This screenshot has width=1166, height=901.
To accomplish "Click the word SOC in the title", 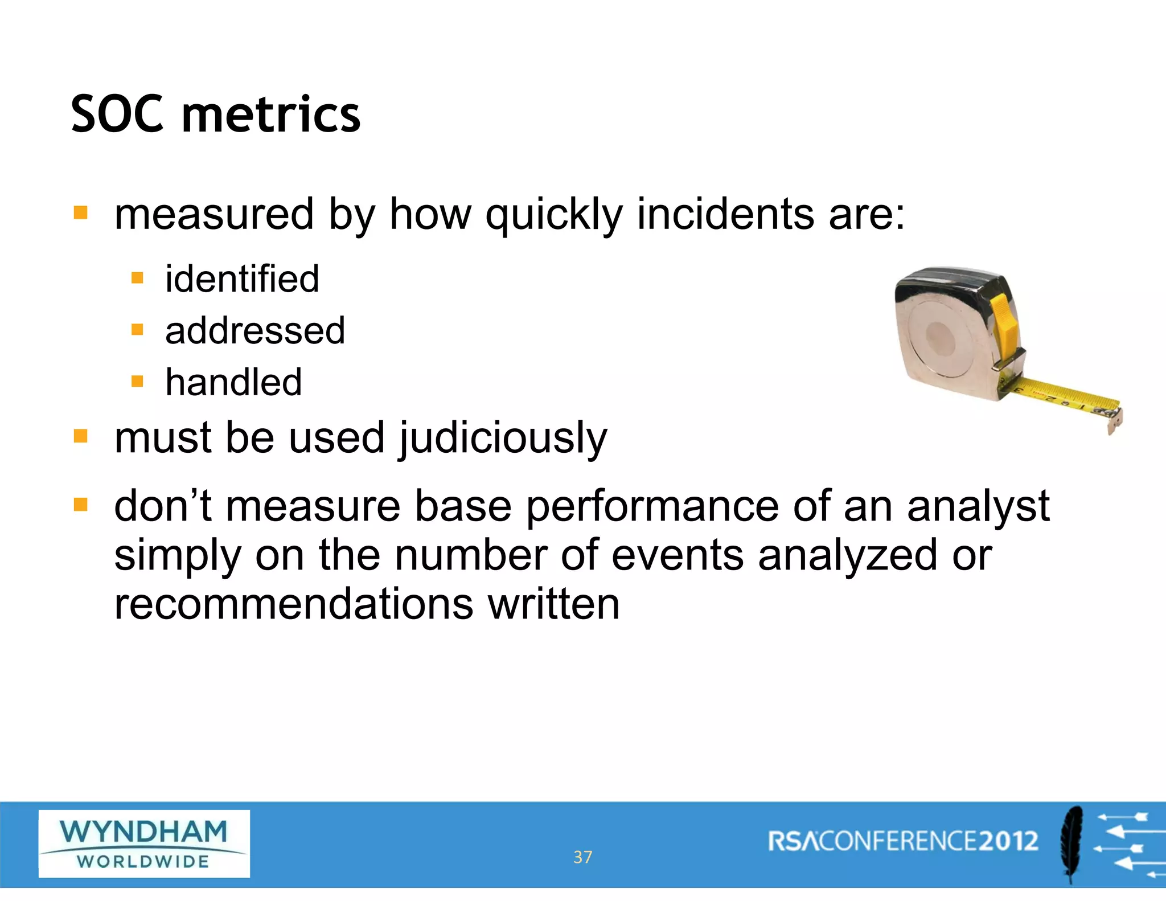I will click(117, 114).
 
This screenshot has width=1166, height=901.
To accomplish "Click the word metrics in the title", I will click(271, 114).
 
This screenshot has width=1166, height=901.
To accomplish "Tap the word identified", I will click(242, 279).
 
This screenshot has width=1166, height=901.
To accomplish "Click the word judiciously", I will click(503, 439).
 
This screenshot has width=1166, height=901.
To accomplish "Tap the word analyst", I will click(978, 506).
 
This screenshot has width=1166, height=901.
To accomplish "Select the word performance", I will click(652, 506).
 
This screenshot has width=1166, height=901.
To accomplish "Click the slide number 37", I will click(582, 857).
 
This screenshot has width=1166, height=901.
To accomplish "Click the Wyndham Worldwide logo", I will click(144, 843).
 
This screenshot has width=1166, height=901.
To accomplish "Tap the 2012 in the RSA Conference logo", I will click(1008, 841).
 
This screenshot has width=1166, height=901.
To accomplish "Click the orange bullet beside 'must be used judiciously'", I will click(81, 437).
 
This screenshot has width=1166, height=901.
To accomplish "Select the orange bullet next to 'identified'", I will click(137, 279).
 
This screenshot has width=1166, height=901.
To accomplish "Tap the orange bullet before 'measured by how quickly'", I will click(81, 213).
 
